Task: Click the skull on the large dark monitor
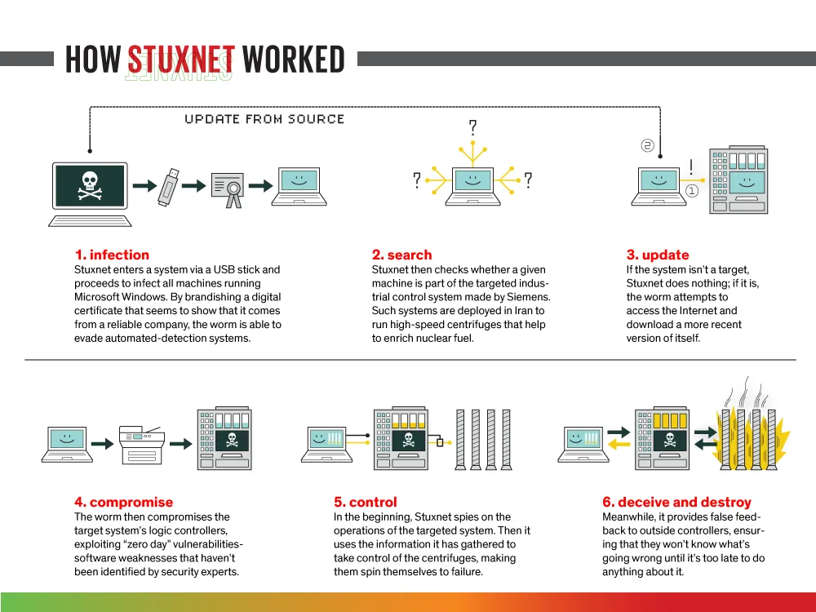tap(89, 185)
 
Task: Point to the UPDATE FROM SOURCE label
tap(264, 119)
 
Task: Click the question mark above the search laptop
tap(472, 127)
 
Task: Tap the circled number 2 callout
tap(647, 145)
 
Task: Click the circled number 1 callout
tap(692, 191)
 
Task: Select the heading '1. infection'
tap(112, 255)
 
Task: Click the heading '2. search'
tap(401, 255)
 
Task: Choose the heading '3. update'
tap(658, 255)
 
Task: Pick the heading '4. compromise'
tap(123, 502)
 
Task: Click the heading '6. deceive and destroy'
tap(676, 502)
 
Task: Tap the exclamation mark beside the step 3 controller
tap(691, 167)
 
